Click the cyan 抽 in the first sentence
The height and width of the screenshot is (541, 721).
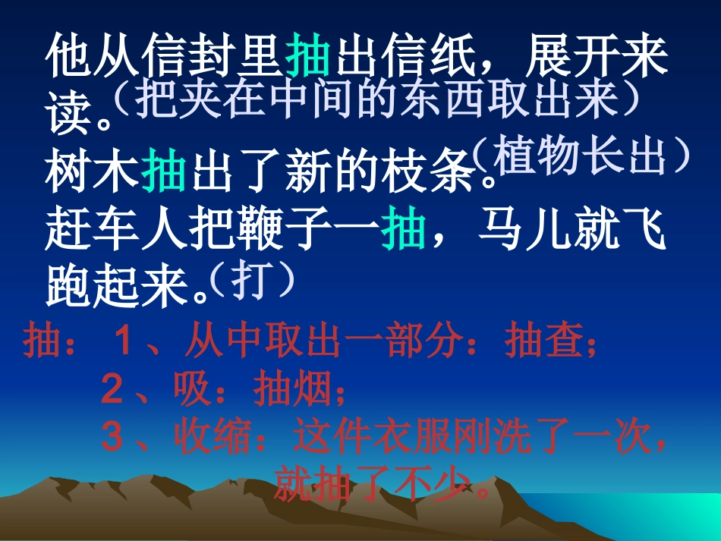click(x=308, y=58)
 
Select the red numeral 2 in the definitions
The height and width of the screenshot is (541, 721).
click(x=112, y=391)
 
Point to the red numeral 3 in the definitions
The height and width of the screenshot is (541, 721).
click(x=112, y=437)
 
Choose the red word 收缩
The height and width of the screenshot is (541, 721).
click(x=213, y=437)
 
